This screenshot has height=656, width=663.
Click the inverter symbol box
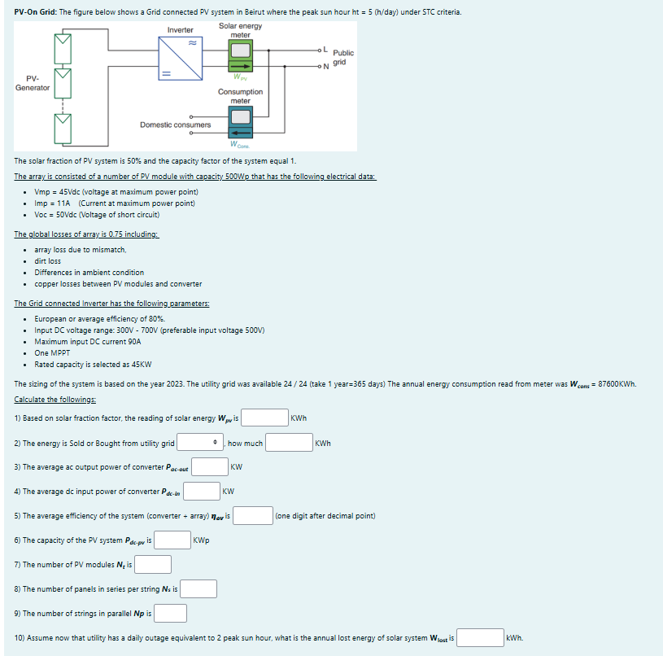181,58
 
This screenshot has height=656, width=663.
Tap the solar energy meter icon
240,58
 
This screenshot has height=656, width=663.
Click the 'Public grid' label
342,57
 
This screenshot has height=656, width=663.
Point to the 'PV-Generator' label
32,83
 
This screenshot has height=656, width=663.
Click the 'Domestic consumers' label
175,125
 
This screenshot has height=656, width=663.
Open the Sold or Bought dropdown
200,443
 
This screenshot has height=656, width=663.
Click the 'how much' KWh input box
289,443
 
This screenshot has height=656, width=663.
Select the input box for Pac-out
210,467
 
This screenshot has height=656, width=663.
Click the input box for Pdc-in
201,492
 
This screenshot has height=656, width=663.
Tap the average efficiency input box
254,516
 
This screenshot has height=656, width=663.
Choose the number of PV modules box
153,564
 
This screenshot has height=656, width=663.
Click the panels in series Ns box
198,588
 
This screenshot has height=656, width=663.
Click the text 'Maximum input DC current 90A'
88,342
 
